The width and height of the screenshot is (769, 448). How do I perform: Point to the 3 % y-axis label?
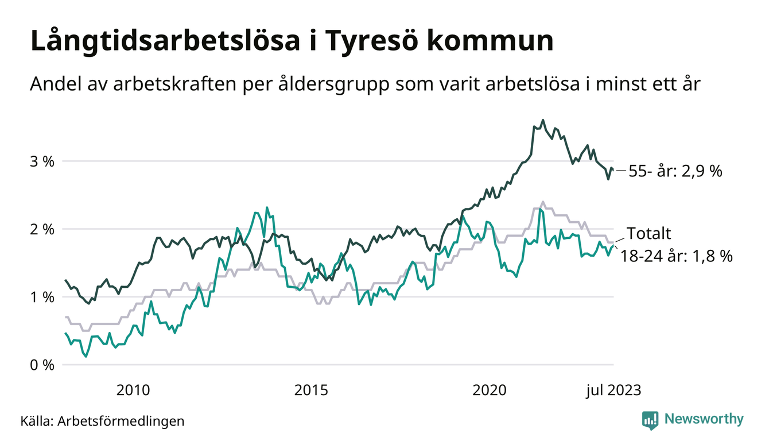(x=42, y=161)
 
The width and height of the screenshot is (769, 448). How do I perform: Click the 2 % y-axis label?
(x=42, y=229)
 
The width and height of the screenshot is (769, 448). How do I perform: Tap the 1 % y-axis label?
(x=42, y=297)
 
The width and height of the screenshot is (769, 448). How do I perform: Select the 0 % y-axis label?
(x=42, y=365)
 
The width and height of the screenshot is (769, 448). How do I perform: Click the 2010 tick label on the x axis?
(x=133, y=391)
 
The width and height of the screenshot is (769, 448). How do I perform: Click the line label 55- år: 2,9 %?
(x=675, y=171)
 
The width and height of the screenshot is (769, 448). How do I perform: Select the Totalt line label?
(x=648, y=234)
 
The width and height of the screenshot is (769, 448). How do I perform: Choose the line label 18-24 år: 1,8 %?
(x=676, y=256)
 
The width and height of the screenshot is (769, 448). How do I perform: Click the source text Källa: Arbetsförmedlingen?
(x=103, y=421)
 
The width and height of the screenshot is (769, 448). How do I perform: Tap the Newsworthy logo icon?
(x=650, y=419)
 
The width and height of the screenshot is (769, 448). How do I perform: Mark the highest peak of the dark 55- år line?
(x=543, y=121)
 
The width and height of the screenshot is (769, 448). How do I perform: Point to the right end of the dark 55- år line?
(x=613, y=169)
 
